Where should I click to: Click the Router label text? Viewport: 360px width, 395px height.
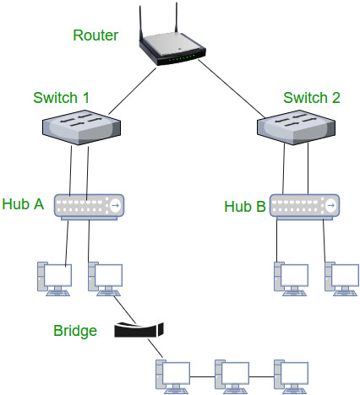click(95, 35)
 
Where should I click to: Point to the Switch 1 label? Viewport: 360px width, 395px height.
click(61, 98)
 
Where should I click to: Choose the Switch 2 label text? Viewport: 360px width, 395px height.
click(311, 98)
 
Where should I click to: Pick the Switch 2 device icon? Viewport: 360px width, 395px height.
click(296, 127)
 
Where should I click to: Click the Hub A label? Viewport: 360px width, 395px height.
click(23, 203)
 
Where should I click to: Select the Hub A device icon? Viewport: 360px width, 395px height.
click(88, 205)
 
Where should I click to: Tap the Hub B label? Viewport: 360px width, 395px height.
click(245, 206)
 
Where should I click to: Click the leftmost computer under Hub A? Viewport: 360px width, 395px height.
click(52, 279)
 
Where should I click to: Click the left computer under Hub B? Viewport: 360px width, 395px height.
click(288, 279)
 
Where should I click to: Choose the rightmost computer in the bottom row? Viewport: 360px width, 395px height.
click(289, 374)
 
